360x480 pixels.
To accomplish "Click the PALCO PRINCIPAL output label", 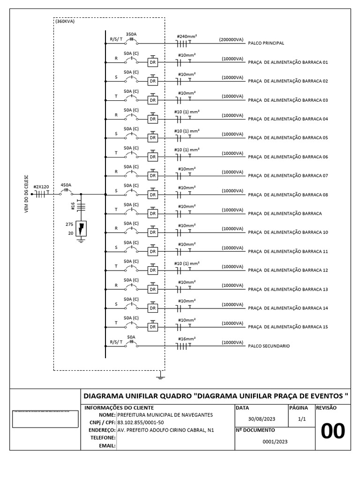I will [x=266, y=43].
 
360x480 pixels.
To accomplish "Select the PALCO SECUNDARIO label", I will [x=269, y=346].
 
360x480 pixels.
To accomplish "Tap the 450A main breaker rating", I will [x=66, y=185].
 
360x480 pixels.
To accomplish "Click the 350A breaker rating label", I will [x=131, y=34].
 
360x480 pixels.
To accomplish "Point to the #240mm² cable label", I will [x=186, y=36].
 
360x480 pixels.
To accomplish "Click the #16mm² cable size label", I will [x=187, y=338].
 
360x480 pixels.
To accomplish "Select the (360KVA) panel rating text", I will [x=65, y=21].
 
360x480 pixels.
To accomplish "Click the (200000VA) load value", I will [x=231, y=40].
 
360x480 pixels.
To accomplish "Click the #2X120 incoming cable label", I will [x=41, y=186].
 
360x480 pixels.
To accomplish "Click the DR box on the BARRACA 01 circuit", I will [x=152, y=62].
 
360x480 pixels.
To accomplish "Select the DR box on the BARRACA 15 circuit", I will [x=152, y=327].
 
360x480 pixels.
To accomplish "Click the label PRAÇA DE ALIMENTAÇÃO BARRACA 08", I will [x=288, y=195].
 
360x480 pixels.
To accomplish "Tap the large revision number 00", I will [x=332, y=431].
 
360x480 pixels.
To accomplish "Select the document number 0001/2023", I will [x=275, y=442].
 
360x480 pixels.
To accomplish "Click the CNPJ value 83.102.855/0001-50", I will [x=141, y=422].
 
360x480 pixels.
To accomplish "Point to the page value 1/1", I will [x=301, y=420].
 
